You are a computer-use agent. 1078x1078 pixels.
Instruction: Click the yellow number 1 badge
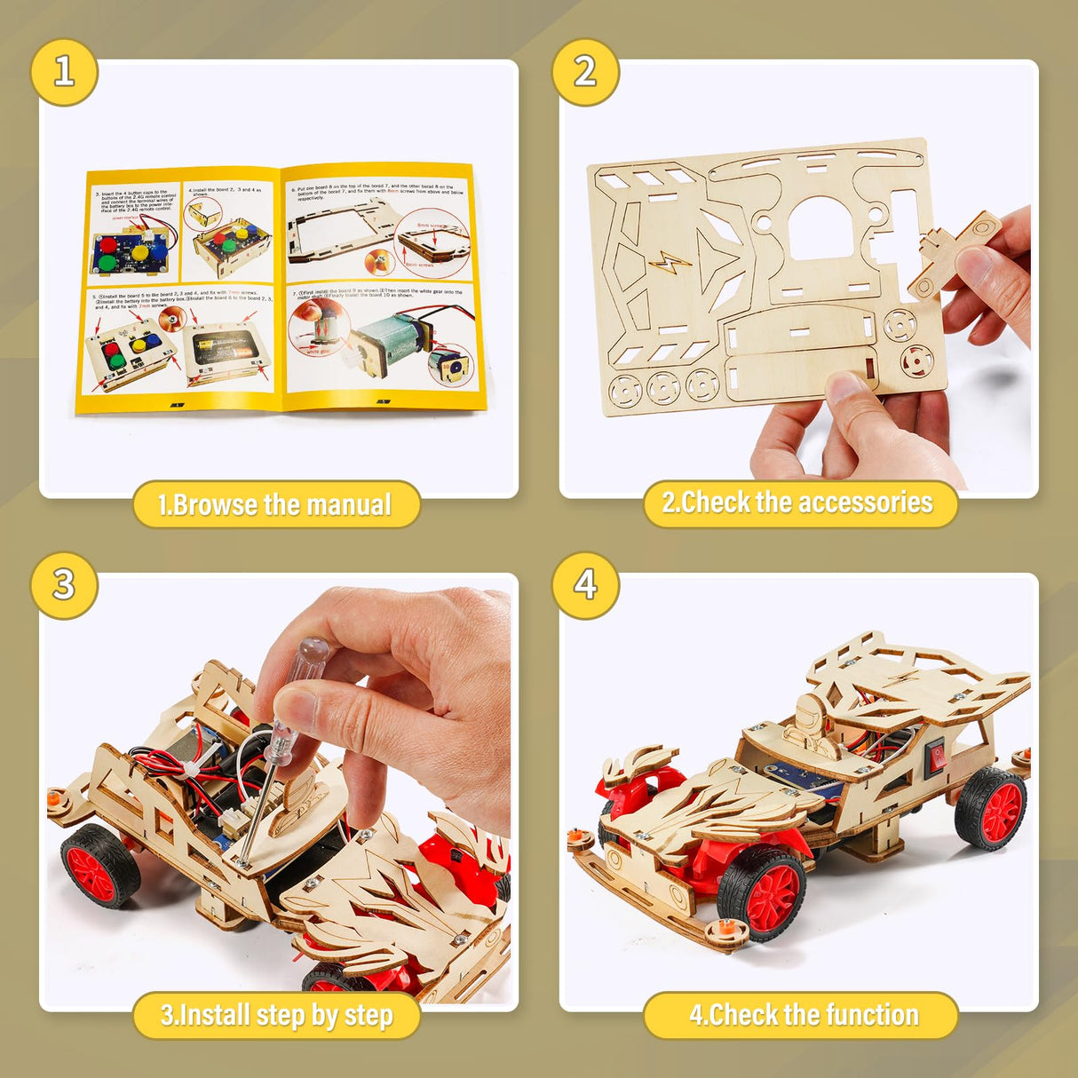[x=64, y=72]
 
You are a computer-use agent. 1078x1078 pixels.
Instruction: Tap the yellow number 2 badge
[x=585, y=72]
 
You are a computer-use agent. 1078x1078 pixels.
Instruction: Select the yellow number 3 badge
[x=64, y=585]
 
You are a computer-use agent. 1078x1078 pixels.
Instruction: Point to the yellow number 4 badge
[x=585, y=585]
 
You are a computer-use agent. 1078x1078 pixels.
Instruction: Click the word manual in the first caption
[x=349, y=505]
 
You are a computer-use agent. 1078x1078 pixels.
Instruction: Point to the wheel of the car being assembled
[x=99, y=865]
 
